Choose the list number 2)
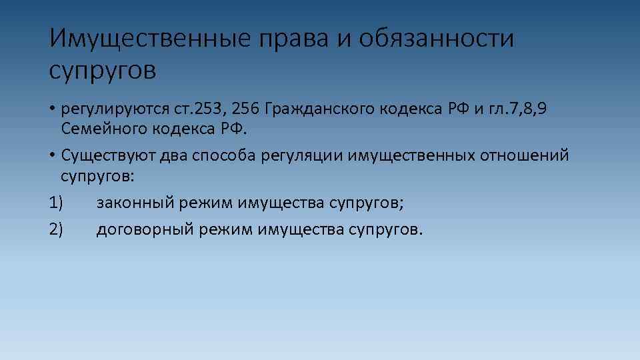[56, 230]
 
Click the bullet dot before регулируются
[52, 109]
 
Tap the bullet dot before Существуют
[52, 155]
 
